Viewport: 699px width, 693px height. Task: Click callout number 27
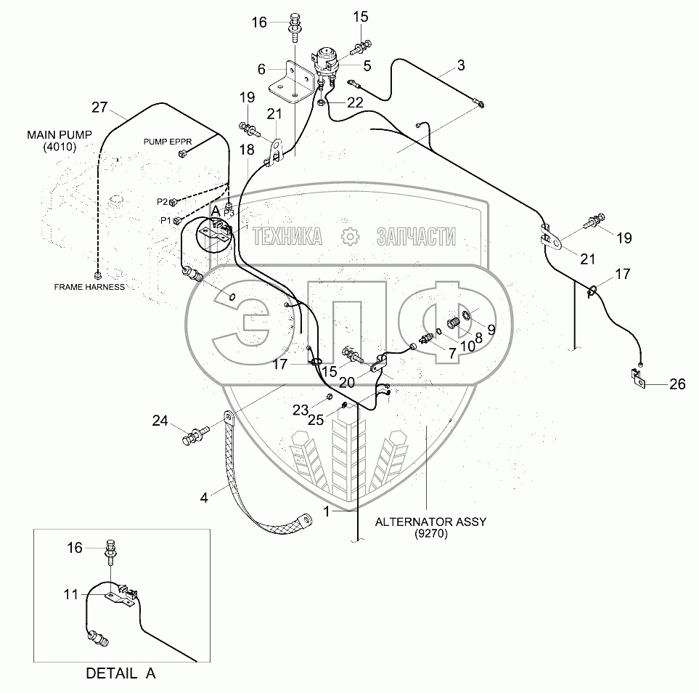click(99, 108)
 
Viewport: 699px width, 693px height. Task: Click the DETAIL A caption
click(120, 673)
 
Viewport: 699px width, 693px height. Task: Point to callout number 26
click(676, 385)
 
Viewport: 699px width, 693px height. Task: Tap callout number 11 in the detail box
click(70, 594)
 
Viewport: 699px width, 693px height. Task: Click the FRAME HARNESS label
click(89, 287)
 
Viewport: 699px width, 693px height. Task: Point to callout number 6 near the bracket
click(261, 69)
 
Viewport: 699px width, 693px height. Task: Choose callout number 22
click(354, 102)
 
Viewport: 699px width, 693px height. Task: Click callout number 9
click(491, 329)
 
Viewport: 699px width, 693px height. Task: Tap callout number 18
click(246, 150)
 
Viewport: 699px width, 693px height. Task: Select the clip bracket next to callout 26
click(637, 379)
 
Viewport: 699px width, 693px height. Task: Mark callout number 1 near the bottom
click(327, 511)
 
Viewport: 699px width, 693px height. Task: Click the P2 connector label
click(162, 201)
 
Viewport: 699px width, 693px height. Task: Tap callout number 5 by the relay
click(367, 65)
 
